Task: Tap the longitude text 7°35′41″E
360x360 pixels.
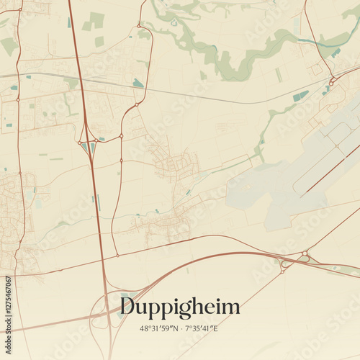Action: (204, 328)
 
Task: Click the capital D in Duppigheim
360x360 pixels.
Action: (128, 307)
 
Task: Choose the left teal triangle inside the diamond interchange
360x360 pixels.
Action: (84, 147)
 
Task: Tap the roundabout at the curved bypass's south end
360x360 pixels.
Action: (117, 255)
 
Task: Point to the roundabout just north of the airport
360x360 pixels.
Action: (332, 83)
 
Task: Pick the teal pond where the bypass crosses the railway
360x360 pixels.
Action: (137, 84)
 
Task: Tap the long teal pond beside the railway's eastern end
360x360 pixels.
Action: (300, 96)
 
